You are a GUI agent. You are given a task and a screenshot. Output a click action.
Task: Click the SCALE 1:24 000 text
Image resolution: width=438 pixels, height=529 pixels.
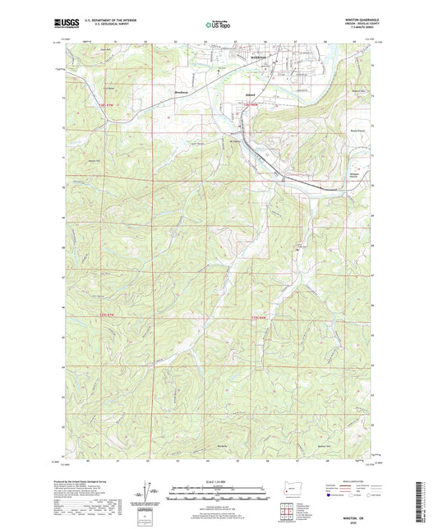click(x=219, y=480)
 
